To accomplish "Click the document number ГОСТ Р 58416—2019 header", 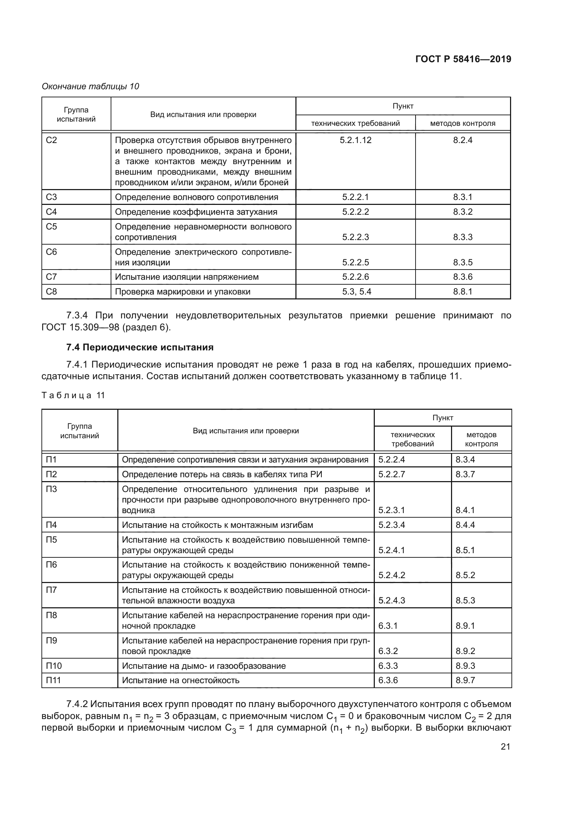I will (x=463, y=59).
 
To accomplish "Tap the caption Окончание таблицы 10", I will (x=90, y=86).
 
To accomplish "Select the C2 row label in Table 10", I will (x=52, y=140).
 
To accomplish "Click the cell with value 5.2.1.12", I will (x=355, y=140).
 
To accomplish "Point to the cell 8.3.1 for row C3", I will (x=462, y=197).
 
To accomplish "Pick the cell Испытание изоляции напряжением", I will (x=187, y=277).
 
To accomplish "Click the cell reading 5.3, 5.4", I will (x=356, y=291).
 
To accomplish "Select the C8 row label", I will (x=52, y=291).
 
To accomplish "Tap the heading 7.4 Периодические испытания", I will (x=139, y=347).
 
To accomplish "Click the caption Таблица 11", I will (x=73, y=395).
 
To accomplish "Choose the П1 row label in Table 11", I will (x=51, y=459).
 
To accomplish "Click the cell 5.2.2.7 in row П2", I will (x=391, y=474).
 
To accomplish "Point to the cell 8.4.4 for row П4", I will (x=465, y=525).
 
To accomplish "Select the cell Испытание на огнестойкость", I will (x=180, y=680).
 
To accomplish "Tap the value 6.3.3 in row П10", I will (x=388, y=666).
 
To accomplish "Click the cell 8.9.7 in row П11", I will (x=465, y=680).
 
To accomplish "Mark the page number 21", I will (x=505, y=746).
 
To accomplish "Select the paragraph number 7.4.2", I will (x=77, y=704).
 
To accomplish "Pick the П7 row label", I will (x=51, y=590).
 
